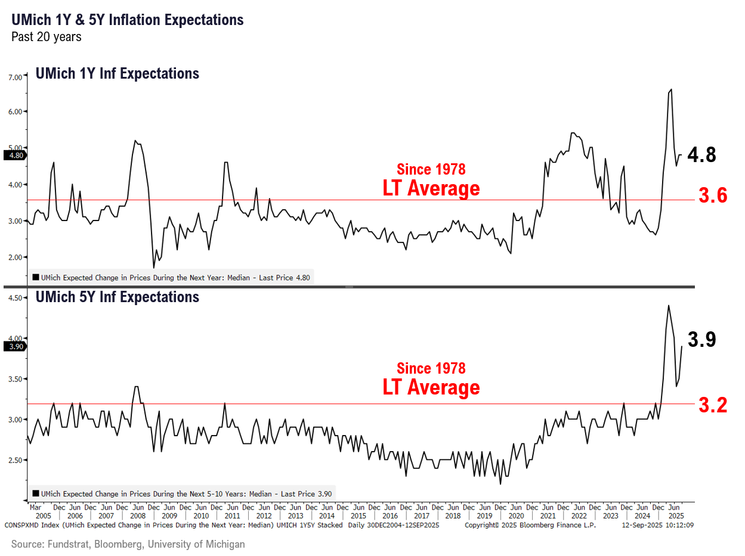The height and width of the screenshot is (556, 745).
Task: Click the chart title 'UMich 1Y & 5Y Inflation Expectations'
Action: [x=128, y=20]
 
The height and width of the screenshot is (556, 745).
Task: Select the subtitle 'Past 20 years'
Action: [x=47, y=37]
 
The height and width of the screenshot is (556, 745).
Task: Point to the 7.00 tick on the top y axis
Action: [x=15, y=77]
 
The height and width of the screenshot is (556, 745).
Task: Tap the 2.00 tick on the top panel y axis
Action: [x=15, y=257]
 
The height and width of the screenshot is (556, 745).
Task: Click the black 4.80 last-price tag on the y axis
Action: [x=14, y=156]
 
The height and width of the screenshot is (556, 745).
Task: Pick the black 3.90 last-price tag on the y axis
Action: [x=14, y=346]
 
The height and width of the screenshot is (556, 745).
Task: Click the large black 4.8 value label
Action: [x=701, y=155]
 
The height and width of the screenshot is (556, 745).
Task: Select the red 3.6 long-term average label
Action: [x=713, y=195]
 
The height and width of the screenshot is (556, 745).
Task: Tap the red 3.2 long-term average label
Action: [x=713, y=405]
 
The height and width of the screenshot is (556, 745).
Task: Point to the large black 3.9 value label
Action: [x=701, y=340]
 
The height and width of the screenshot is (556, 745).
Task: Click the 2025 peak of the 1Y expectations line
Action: [x=672, y=89]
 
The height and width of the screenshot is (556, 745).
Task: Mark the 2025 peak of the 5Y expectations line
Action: [x=668, y=306]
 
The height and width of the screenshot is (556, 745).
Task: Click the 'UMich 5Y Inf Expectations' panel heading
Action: [x=118, y=297]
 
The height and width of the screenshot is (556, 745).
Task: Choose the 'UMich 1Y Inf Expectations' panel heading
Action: [x=118, y=74]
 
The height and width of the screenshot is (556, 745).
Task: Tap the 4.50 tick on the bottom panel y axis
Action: [x=15, y=298]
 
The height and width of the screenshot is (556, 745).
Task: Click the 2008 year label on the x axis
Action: [x=138, y=515]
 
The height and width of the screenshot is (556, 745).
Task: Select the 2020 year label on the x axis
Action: [x=517, y=515]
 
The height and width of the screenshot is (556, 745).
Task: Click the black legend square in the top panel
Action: [x=36, y=277]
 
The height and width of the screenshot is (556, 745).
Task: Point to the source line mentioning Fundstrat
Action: [x=128, y=544]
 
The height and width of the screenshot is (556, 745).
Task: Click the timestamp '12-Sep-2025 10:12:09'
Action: [x=657, y=525]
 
